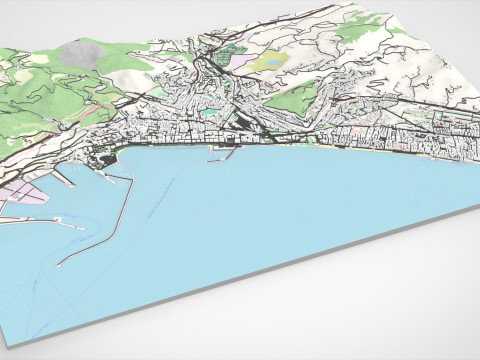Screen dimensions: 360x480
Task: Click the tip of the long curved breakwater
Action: [x=60, y=267]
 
